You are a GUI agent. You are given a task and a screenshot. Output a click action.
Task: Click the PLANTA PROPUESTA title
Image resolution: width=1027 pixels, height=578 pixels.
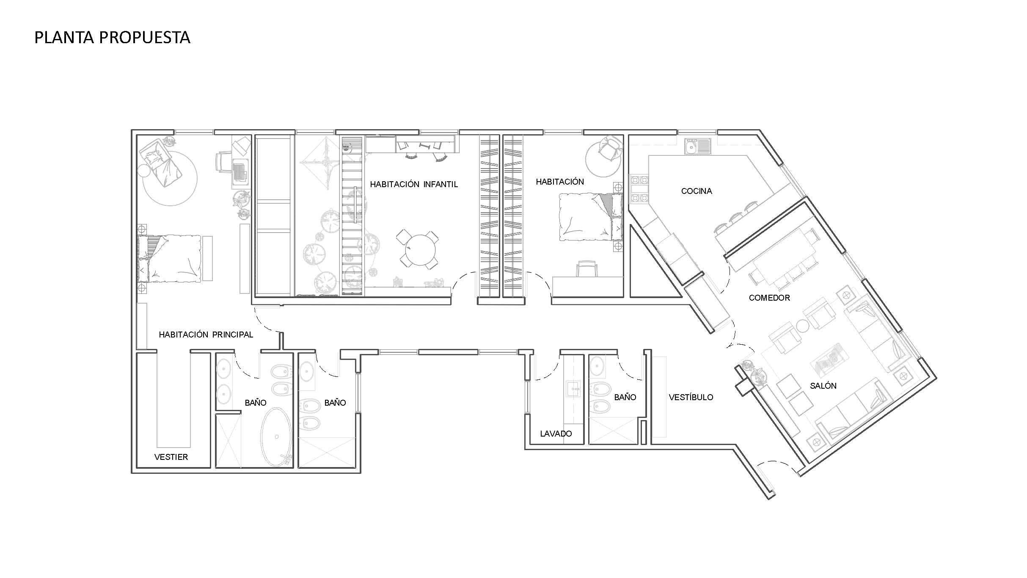(x=112, y=38)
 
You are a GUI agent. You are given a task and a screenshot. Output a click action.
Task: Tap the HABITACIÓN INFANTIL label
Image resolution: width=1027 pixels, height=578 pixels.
(x=414, y=184)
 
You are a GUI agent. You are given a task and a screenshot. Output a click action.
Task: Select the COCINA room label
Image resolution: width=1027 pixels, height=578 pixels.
(x=697, y=191)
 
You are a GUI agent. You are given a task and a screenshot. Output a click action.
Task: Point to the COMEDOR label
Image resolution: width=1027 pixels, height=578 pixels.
(x=769, y=298)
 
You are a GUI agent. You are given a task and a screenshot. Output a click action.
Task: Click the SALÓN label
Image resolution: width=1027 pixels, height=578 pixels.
(x=823, y=386)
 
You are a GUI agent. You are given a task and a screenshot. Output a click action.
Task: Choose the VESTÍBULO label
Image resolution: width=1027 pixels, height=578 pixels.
(x=691, y=397)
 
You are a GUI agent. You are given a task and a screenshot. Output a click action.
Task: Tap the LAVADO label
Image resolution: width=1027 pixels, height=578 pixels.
(x=556, y=434)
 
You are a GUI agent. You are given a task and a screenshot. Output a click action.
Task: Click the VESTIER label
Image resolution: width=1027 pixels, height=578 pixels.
(x=171, y=457)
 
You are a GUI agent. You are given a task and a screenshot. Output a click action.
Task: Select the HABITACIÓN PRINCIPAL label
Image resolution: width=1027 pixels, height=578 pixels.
(x=206, y=335)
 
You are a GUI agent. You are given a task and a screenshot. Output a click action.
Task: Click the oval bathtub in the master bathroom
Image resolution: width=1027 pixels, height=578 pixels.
(x=276, y=437)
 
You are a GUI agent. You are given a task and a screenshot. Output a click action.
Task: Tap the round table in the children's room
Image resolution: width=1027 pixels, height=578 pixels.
(x=420, y=249)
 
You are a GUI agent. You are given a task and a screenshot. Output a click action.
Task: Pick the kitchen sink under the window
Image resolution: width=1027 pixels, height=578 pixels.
(x=697, y=147)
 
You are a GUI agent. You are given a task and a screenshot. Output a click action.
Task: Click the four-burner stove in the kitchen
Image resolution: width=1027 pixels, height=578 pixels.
(x=639, y=189)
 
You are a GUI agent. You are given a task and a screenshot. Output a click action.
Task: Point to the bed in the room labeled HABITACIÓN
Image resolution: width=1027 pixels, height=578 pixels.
(x=591, y=217)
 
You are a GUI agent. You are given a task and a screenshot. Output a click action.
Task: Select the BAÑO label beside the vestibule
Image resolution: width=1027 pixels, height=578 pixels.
(x=625, y=397)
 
